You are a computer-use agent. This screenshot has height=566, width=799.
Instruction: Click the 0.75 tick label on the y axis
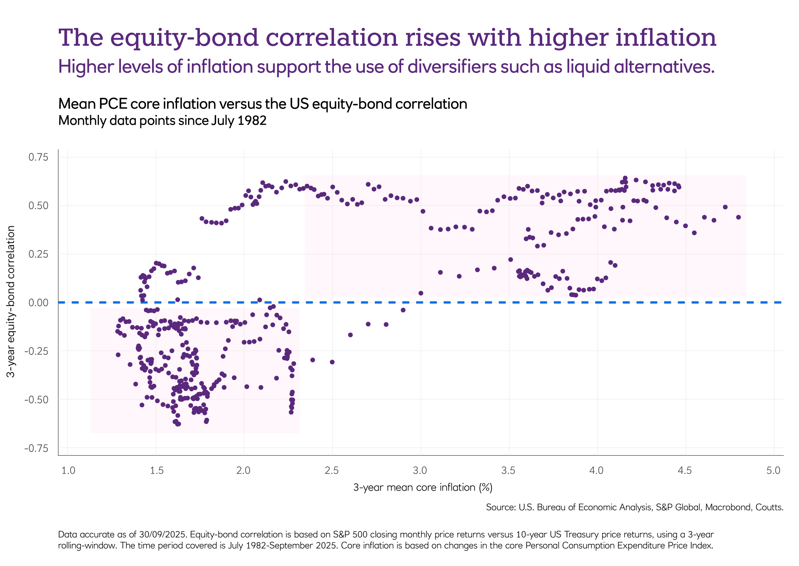(38, 157)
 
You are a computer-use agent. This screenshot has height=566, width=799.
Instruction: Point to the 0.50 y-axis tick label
(38, 206)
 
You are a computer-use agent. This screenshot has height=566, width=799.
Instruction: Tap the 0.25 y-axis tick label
(38, 254)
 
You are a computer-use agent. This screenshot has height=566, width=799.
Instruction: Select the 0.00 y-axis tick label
(38, 303)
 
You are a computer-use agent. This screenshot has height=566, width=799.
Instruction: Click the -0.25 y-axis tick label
(36, 351)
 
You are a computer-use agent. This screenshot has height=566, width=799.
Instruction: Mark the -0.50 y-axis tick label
(36, 400)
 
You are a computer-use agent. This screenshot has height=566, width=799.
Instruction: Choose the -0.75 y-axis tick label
(36, 448)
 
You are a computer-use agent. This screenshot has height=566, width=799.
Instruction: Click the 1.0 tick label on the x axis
(68, 470)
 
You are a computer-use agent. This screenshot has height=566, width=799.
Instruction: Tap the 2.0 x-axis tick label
(244, 470)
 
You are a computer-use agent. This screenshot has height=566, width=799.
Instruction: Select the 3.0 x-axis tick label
(420, 470)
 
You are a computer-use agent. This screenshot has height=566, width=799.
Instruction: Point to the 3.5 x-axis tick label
(509, 470)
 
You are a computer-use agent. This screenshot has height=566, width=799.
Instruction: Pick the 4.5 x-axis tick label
(685, 470)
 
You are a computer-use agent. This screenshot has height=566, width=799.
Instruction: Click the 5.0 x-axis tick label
(773, 470)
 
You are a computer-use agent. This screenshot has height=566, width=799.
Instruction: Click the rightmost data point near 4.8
(738, 217)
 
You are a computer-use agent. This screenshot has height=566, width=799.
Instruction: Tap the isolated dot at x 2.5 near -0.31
(332, 362)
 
